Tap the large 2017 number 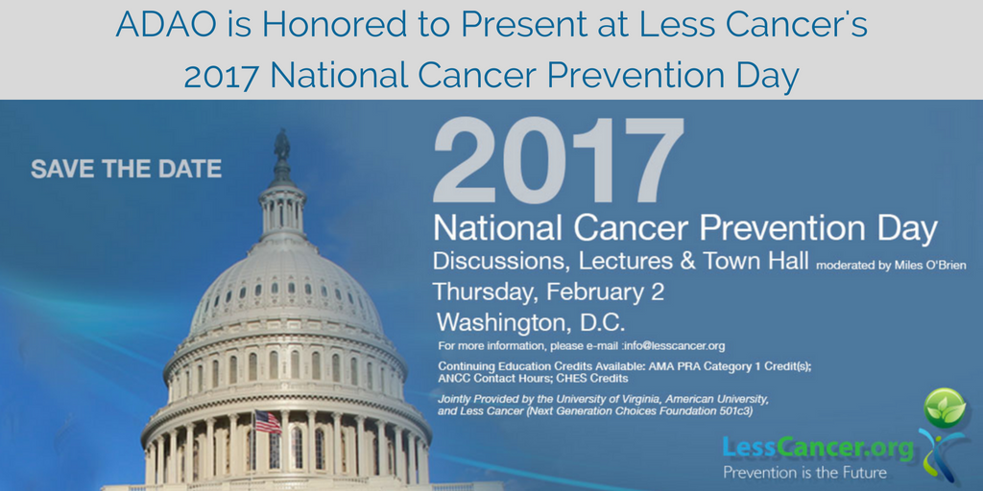[558, 160]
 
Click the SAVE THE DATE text [126, 169]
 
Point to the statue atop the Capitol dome [282, 146]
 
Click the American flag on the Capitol [268, 422]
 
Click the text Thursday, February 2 [548, 292]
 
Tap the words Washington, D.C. [531, 322]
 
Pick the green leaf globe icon [945, 409]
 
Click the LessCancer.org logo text [818, 449]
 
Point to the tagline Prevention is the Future [805, 472]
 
